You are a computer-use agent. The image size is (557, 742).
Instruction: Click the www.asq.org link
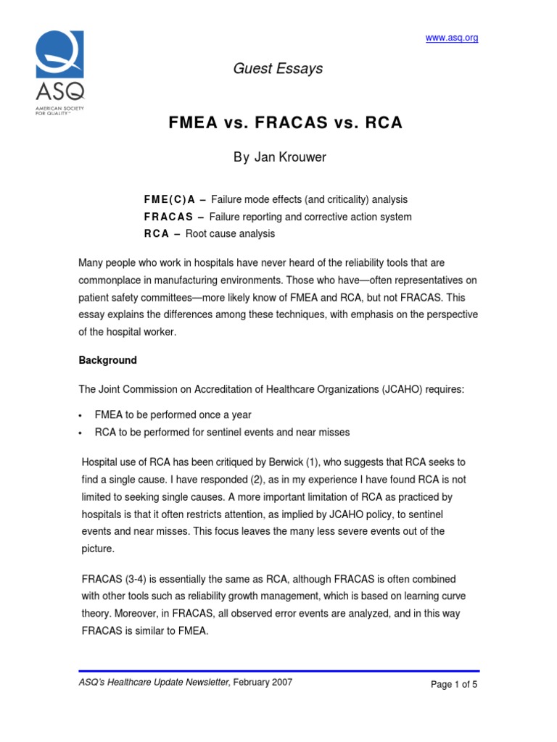(451, 38)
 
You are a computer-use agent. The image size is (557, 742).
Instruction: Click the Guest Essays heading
(278, 69)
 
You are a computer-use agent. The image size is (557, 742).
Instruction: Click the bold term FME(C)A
(165, 199)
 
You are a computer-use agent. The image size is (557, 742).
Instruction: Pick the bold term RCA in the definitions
(157, 234)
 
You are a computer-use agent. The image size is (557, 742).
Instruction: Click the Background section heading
(107, 360)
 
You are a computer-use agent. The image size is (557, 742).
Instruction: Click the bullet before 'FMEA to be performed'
(81, 416)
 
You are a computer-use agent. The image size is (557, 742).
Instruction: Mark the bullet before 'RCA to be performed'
(81, 433)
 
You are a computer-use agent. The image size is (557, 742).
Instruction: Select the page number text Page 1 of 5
(454, 683)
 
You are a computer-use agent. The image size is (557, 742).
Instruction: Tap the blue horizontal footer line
(278, 671)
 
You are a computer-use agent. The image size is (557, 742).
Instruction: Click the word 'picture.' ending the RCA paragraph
(98, 549)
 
